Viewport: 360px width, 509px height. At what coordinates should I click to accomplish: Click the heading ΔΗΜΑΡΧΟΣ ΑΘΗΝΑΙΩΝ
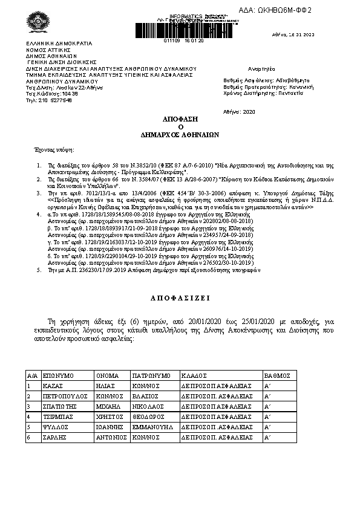coord(180,135)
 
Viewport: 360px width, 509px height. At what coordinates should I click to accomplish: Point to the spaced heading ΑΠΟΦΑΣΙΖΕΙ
coord(180,299)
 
